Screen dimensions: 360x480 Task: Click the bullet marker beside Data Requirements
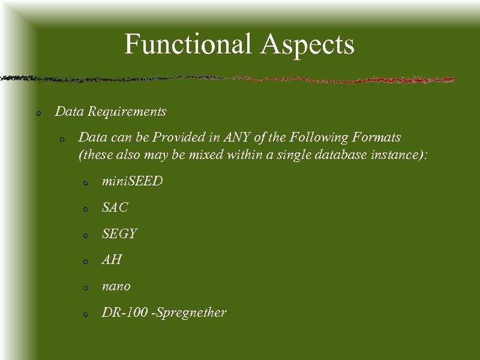click(38, 113)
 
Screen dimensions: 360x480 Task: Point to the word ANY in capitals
click(237, 137)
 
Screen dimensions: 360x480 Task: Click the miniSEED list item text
click(132, 181)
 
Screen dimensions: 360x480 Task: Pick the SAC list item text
click(115, 208)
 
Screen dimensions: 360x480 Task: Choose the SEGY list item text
click(119, 233)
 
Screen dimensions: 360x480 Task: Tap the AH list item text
click(112, 260)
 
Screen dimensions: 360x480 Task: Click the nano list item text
click(116, 286)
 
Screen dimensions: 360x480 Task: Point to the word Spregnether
click(191, 313)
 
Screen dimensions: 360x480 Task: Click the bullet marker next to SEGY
click(86, 235)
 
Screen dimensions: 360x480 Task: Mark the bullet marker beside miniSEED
click(86, 182)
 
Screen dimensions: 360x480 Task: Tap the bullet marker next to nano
click(86, 288)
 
